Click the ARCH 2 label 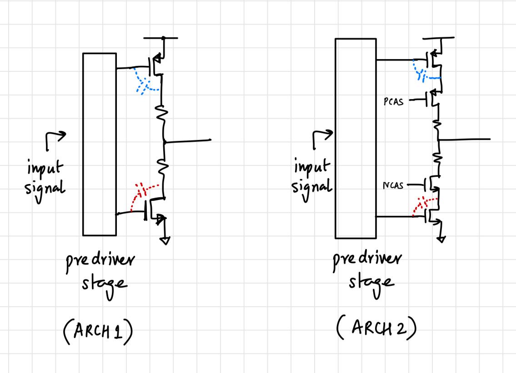pyautogui.click(x=376, y=328)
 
